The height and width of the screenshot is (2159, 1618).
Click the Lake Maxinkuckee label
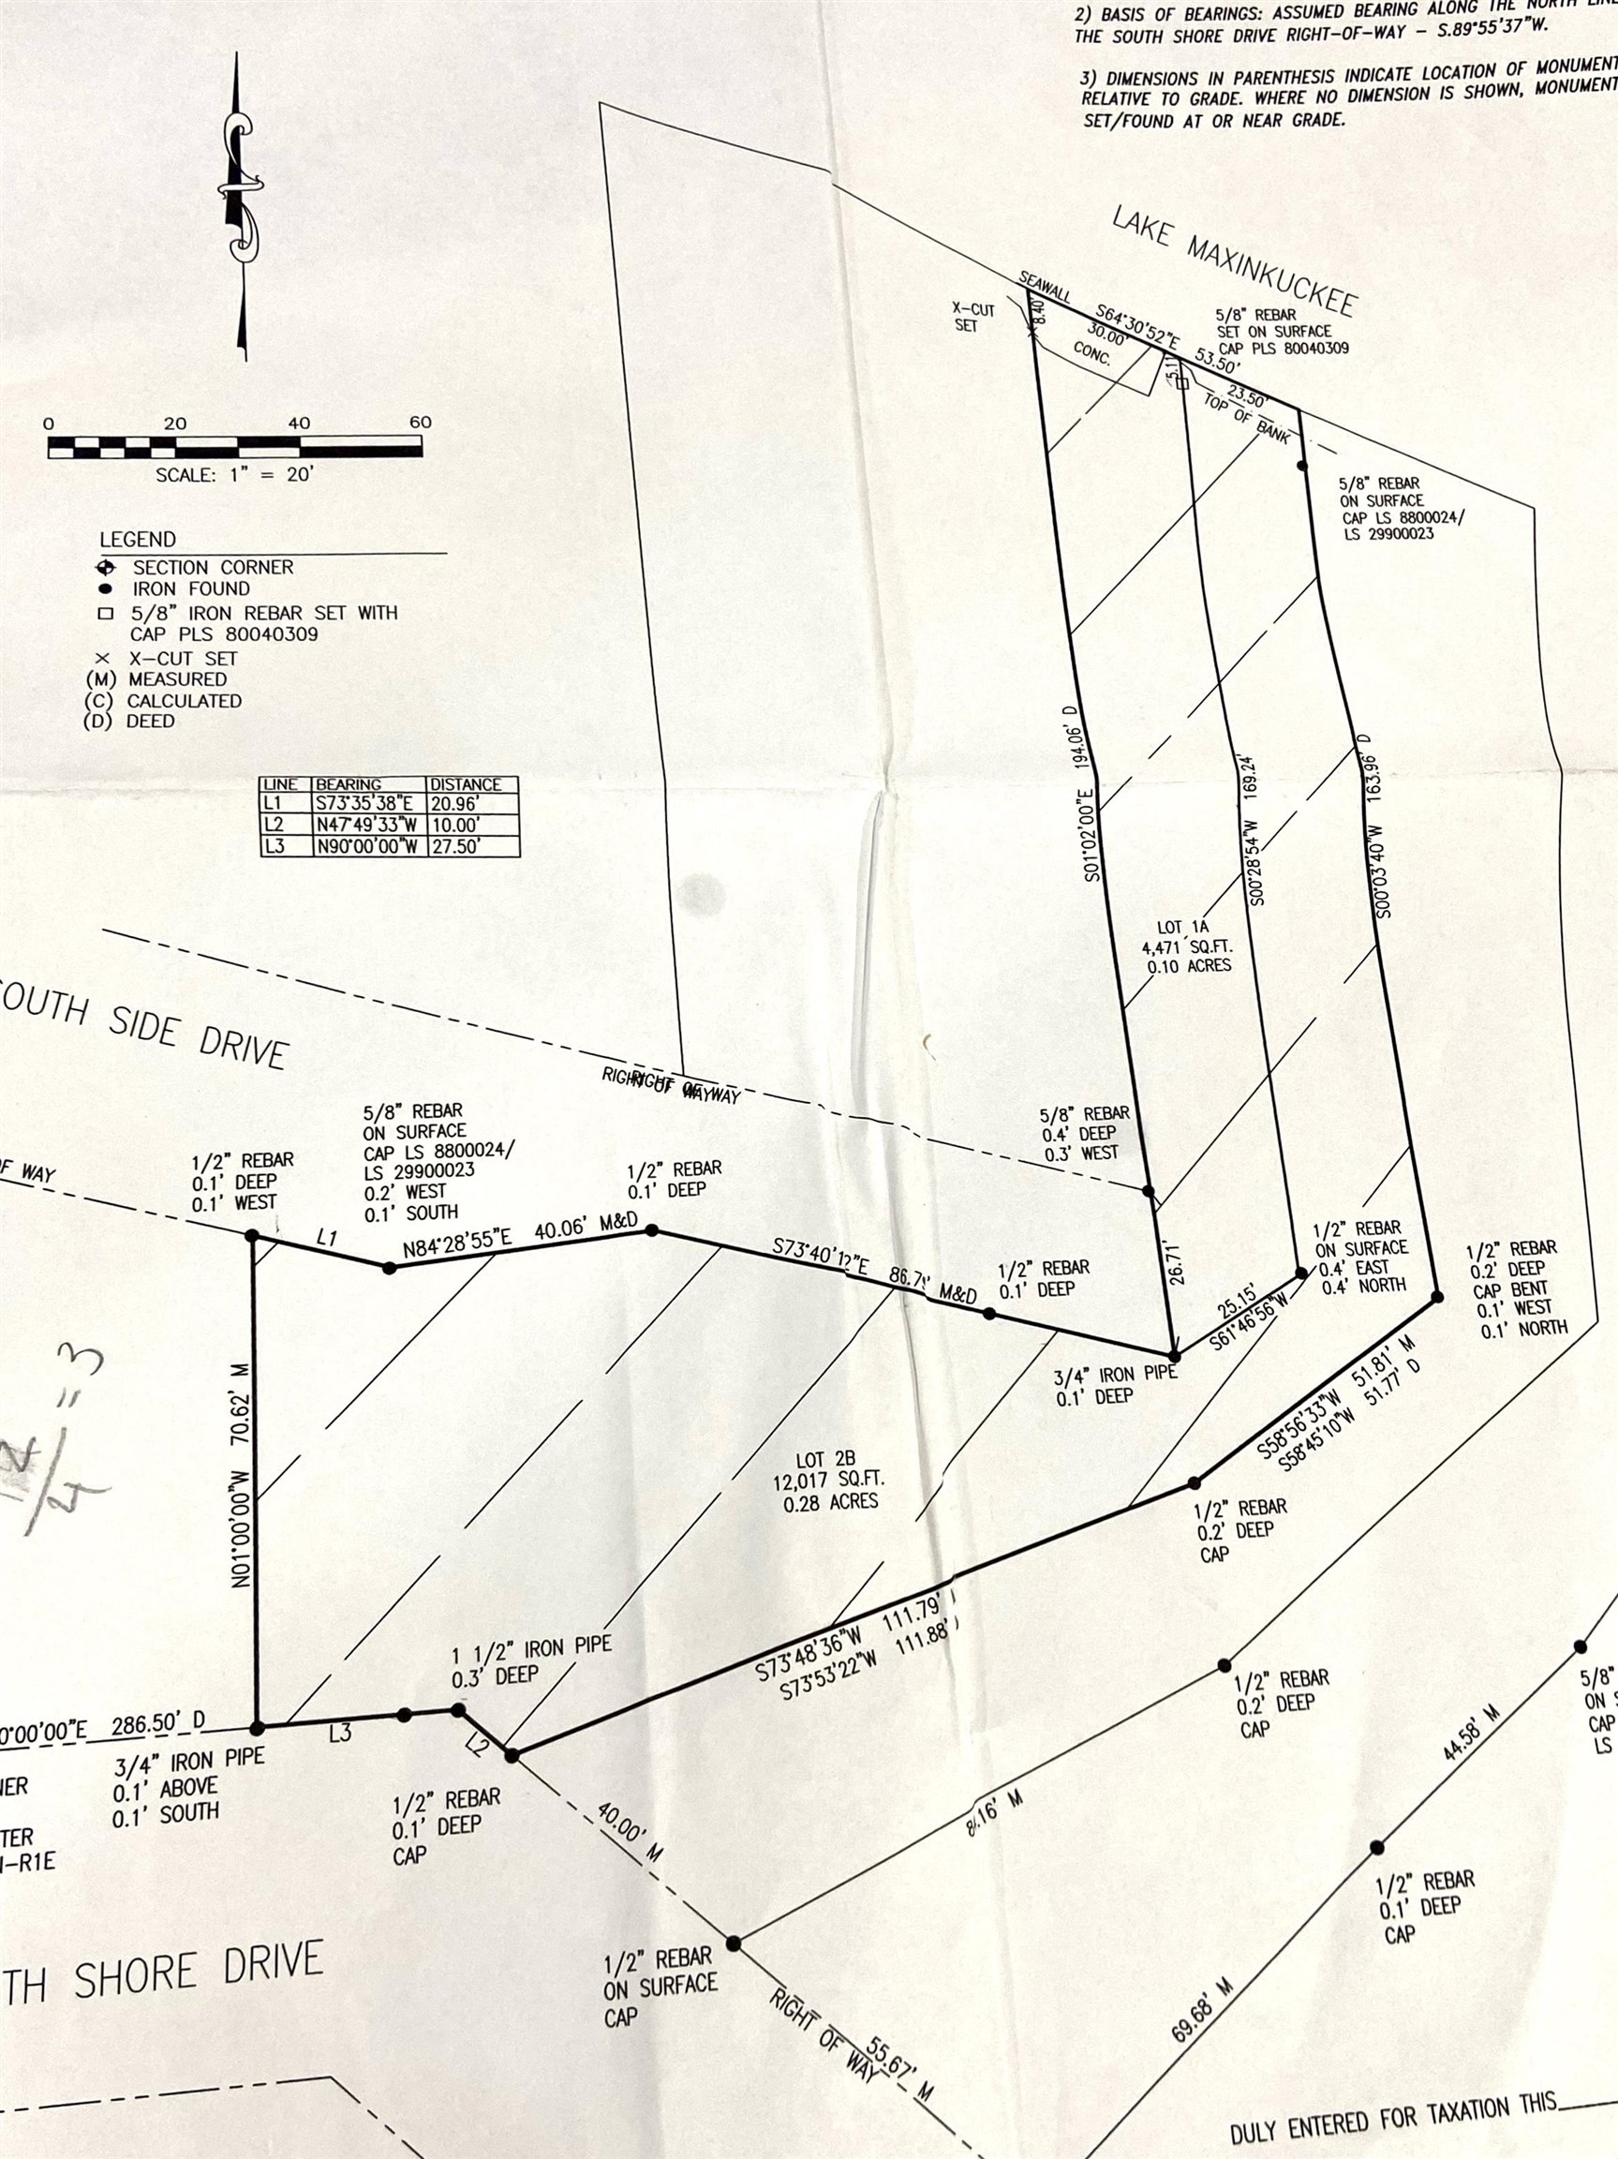[x=1234, y=261]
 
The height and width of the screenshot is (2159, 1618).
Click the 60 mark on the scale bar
[x=420, y=423]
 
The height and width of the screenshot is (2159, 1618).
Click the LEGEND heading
[x=138, y=540]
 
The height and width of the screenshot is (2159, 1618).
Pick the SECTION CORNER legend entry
[x=213, y=567]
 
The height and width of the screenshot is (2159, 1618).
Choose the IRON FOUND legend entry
[x=191, y=588]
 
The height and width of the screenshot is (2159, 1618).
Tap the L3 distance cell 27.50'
[x=456, y=846]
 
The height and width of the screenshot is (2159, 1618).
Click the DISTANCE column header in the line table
[x=466, y=784]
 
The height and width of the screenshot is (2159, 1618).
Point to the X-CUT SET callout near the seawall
[x=972, y=318]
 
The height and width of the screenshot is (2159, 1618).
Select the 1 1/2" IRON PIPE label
[x=532, y=1647]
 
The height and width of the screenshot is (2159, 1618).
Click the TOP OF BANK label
[x=1246, y=417]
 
